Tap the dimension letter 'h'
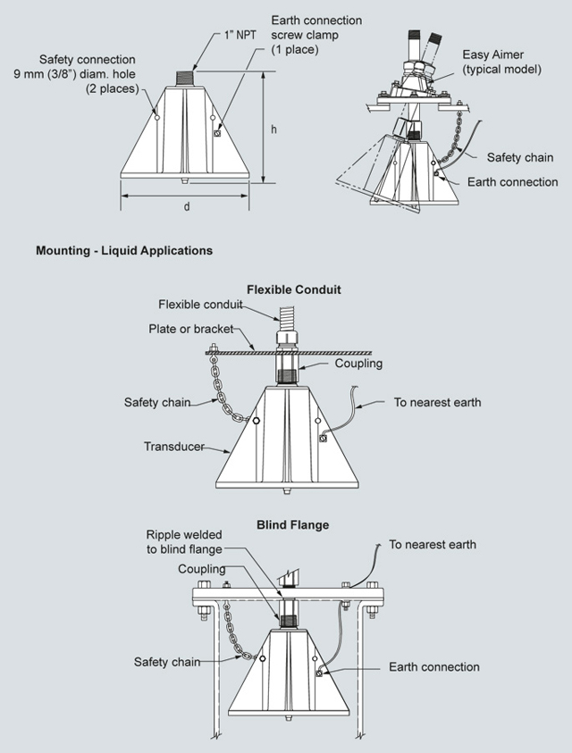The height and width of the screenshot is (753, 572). (x=273, y=129)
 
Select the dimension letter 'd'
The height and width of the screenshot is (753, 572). (x=187, y=207)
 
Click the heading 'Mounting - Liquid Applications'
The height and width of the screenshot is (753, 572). (x=124, y=251)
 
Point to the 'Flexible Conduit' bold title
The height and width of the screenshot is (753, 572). (x=294, y=290)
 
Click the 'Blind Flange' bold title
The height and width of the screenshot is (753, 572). (x=293, y=525)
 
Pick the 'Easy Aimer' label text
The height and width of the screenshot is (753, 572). (x=494, y=61)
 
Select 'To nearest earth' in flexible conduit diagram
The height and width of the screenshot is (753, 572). (x=438, y=403)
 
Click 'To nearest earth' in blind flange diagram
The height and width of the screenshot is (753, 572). (x=433, y=544)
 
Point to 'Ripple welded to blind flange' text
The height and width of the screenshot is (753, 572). (x=185, y=542)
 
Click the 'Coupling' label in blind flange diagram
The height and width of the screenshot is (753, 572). (x=202, y=569)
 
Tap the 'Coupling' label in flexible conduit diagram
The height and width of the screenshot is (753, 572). (x=358, y=364)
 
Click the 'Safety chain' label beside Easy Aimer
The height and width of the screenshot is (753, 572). (x=520, y=158)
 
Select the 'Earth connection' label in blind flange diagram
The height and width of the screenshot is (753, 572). (x=434, y=667)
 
